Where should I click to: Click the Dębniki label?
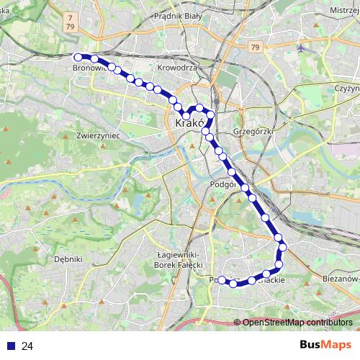pyautogui.click(x=69, y=258)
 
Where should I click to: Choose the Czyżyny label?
pyautogui.click(x=346, y=87)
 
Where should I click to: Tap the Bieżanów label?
pyautogui.click(x=339, y=277)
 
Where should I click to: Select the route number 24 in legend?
pyautogui.click(x=27, y=346)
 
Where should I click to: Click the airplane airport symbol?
pyautogui.click(x=301, y=48)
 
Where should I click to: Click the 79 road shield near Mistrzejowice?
pyautogui.click(x=256, y=47)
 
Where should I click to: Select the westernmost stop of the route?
pyautogui.click(x=78, y=56)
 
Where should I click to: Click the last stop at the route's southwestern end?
pyautogui.click(x=222, y=280)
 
